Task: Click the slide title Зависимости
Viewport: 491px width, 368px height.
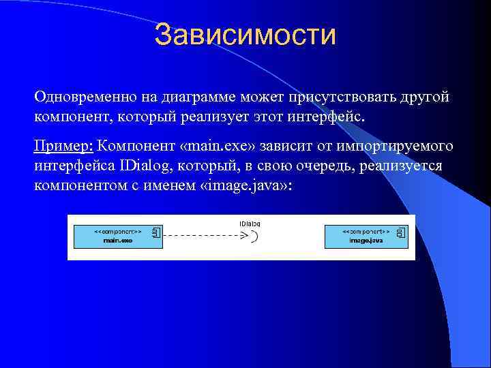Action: [245, 35]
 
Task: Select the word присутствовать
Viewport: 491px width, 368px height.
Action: [315, 97]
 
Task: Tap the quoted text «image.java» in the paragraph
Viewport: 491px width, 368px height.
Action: [243, 186]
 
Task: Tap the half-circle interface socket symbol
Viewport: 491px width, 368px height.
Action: [254, 236]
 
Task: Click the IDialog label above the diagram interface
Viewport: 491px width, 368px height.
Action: [250, 223]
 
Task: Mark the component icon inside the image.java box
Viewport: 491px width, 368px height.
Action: [400, 233]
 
